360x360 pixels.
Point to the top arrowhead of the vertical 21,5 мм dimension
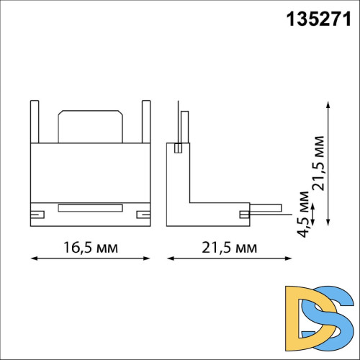328,104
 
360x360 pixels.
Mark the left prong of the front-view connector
35,122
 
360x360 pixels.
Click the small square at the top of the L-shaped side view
177,149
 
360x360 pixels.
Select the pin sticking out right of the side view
266,211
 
